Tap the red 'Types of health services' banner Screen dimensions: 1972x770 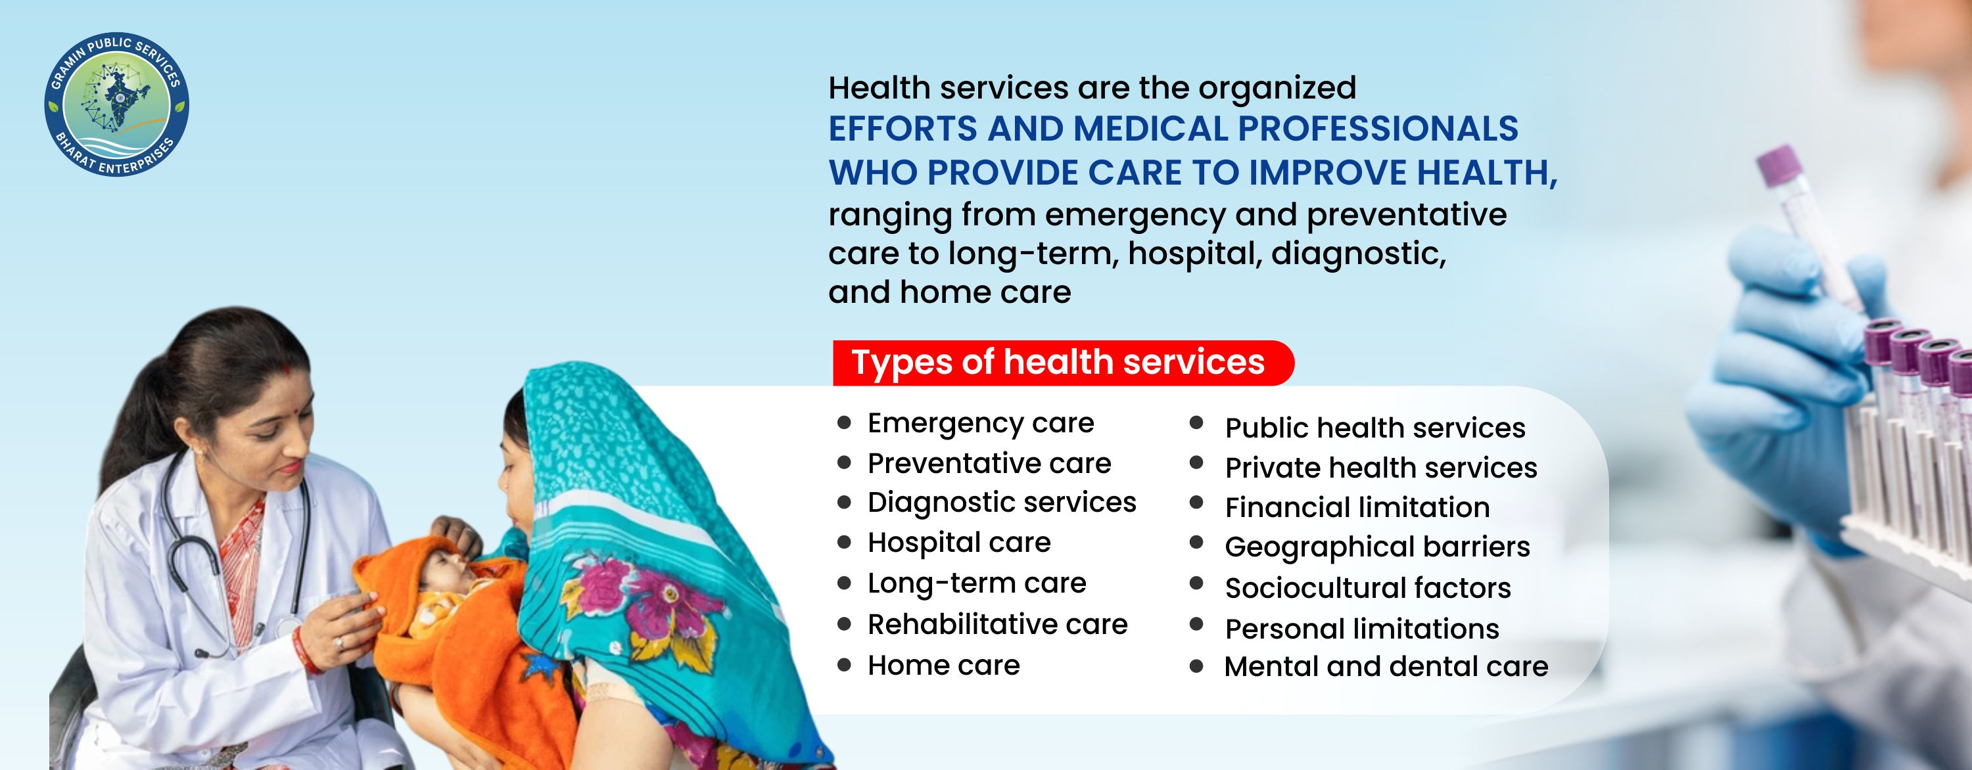pos(1062,363)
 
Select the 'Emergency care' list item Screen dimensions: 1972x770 pos(981,423)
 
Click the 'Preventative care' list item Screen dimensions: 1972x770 pos(989,463)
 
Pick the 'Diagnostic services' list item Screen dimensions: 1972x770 pos(1001,503)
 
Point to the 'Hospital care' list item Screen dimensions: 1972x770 pos(959,543)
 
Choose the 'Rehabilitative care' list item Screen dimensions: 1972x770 pos(997,625)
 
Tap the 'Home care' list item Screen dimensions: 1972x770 pos(944,665)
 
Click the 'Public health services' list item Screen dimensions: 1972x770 pos(1375,428)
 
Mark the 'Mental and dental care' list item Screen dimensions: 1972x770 pos(1386,667)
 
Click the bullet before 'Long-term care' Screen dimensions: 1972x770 pos(845,583)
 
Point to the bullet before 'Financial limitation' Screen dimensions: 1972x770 pos(1196,503)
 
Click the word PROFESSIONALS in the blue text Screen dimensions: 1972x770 pos(1378,129)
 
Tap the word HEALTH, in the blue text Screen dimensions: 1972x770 pos(1488,173)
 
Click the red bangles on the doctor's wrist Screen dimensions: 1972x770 pos(305,651)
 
